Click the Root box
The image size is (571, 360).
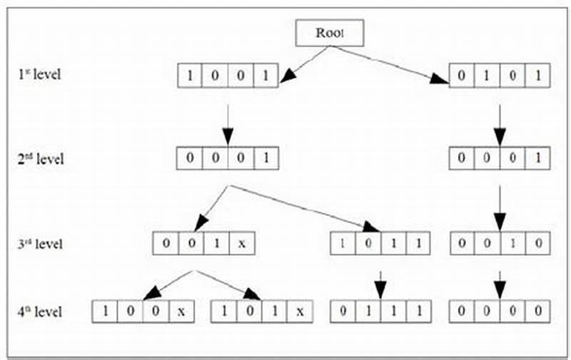[330, 32]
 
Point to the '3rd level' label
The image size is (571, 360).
[41, 244]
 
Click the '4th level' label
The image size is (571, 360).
[41, 311]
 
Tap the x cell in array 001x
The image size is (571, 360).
[242, 244]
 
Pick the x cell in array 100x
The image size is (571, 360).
[181, 311]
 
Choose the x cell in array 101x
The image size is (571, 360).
[300, 311]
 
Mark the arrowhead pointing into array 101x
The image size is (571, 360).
[251, 293]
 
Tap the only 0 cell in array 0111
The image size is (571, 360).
[343, 311]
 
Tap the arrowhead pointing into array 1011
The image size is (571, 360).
[371, 227]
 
